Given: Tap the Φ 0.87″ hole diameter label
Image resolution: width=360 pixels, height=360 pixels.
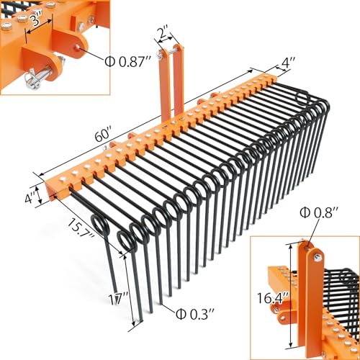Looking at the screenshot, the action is point(128,61).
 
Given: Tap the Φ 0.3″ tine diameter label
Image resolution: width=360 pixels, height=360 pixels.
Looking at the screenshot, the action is point(195,314).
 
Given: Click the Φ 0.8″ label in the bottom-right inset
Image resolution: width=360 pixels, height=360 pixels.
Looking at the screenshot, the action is point(319,212).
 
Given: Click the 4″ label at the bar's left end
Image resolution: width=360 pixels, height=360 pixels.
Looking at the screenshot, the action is point(30,197).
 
